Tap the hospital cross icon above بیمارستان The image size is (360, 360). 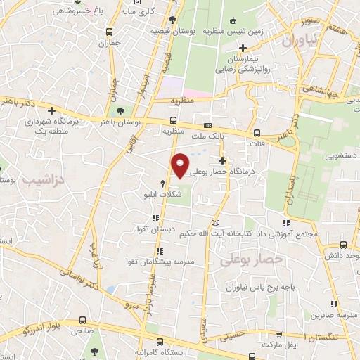coord(243,49)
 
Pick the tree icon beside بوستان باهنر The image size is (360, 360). coord(120,111)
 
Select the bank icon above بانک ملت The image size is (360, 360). coord(217,124)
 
